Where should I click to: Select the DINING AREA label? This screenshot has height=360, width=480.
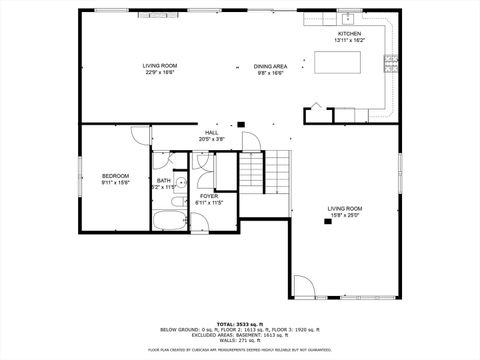coord(270,66)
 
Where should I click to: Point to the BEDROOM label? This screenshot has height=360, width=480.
coord(115,176)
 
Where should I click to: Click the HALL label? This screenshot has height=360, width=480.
coord(212,133)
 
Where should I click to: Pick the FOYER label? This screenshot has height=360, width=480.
coord(209,196)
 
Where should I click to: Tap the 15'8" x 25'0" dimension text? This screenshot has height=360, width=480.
coord(346,215)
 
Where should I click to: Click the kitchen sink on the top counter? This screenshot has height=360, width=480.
coord(347,18)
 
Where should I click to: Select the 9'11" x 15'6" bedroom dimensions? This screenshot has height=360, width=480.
coord(115,183)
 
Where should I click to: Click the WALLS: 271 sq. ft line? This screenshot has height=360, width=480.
coord(239,342)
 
